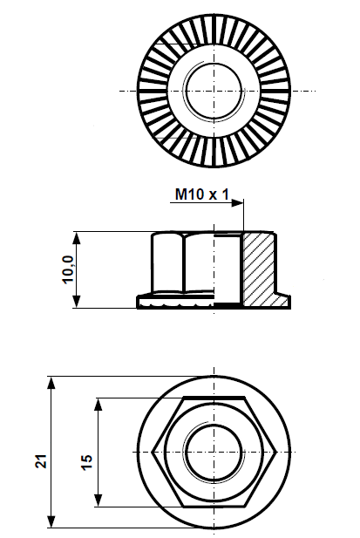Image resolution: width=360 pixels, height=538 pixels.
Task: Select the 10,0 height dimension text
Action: (67, 269)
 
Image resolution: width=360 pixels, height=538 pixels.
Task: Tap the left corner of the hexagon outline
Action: (153, 452)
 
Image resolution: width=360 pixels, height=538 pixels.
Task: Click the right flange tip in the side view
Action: (288, 302)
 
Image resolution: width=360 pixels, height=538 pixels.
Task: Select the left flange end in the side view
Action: (139, 302)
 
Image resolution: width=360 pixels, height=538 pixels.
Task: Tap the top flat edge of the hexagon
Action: (214, 399)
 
